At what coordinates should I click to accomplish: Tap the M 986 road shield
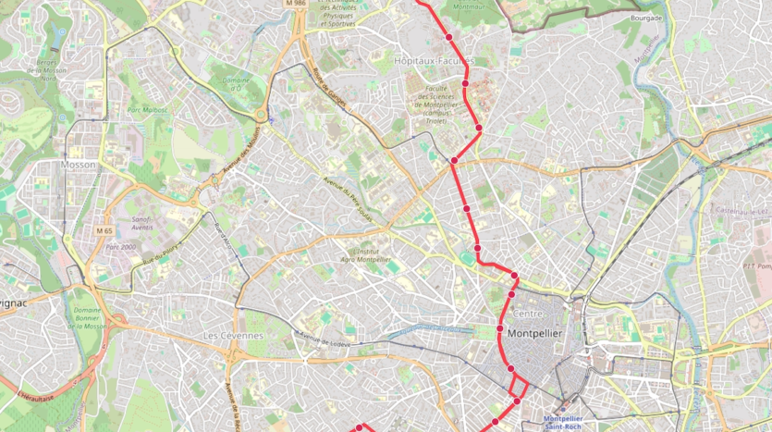296,4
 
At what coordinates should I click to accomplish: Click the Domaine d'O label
237,83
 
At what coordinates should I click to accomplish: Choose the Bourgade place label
646,18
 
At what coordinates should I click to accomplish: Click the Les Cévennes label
233,335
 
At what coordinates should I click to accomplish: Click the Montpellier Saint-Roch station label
570,421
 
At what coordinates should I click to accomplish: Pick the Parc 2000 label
120,247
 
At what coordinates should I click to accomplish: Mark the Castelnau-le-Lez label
742,210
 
